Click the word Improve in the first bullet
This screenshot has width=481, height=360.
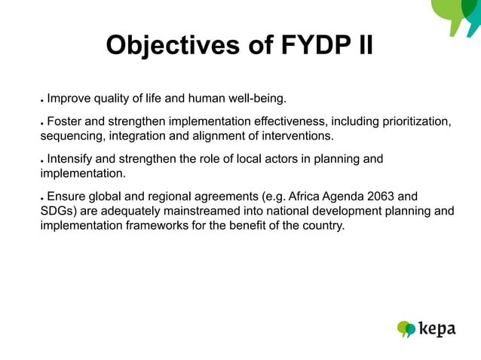69,97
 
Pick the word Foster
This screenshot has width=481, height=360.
65,122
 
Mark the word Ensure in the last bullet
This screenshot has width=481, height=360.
67,197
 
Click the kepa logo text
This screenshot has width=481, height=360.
437,329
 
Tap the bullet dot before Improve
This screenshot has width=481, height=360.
42,99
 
